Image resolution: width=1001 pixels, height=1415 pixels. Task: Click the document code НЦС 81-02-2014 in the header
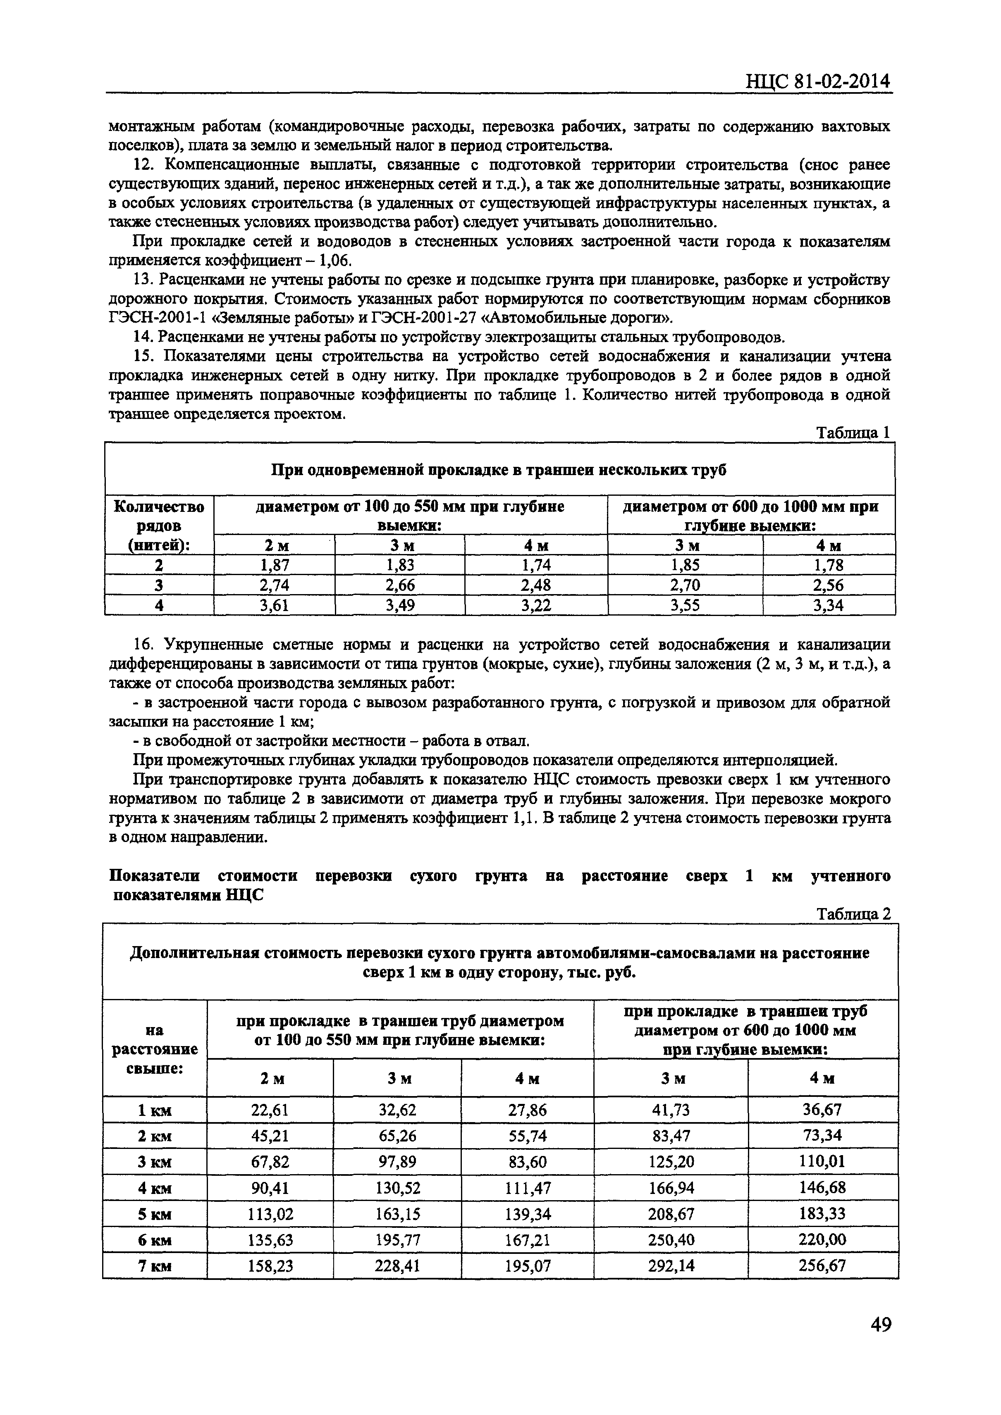click(818, 81)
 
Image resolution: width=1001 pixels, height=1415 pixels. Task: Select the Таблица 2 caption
click(853, 913)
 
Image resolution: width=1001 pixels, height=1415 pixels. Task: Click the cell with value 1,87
click(275, 565)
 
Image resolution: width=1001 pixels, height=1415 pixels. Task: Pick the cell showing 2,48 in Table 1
click(535, 585)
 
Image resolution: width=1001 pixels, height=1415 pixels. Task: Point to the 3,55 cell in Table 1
click(685, 605)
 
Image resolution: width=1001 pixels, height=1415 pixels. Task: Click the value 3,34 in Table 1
click(828, 605)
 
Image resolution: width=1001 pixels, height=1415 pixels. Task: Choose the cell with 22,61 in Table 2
click(270, 1110)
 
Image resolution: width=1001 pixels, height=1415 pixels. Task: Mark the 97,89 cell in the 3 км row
click(397, 1162)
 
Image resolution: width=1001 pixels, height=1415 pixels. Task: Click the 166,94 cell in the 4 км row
click(670, 1188)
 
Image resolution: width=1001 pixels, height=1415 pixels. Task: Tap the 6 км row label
click(155, 1240)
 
